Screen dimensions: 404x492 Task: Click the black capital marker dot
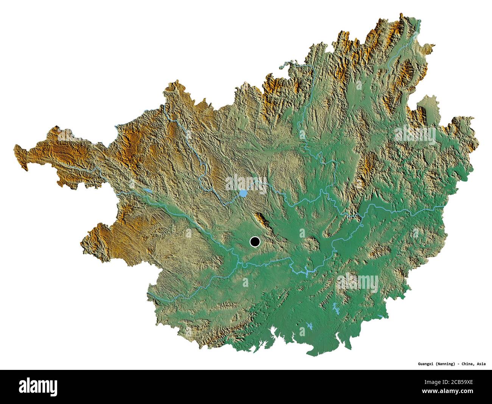pyautogui.click(x=255, y=241)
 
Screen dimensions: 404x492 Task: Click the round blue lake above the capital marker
pyautogui.click(x=243, y=194)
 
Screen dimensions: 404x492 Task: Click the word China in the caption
pyautogui.click(x=467, y=364)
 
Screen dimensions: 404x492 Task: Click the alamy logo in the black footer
pyautogui.click(x=38, y=387)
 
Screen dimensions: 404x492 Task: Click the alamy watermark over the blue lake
pyautogui.click(x=246, y=183)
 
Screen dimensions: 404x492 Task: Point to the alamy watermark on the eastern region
pyautogui.click(x=415, y=135)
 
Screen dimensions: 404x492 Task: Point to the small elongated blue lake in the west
pyautogui.click(x=147, y=190)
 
